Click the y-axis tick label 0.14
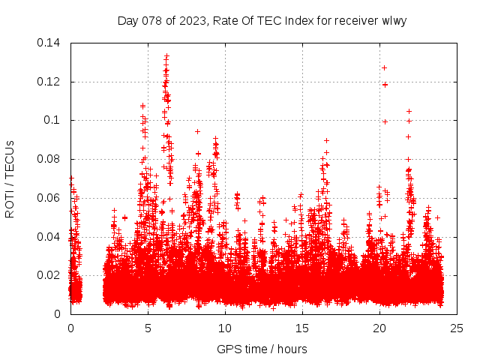point(49,43)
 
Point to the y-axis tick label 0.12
point(49,82)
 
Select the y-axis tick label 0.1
point(52,120)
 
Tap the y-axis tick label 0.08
point(49,159)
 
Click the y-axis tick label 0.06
point(49,198)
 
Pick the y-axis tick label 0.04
point(49,237)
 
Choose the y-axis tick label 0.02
point(49,275)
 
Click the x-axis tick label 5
point(148,328)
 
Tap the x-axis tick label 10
point(225,328)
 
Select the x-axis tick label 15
point(302,328)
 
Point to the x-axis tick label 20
point(379,328)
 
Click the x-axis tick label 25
point(457,328)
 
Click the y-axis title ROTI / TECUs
point(10,178)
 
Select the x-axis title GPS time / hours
point(262,349)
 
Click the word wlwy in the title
point(394,20)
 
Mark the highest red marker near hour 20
point(384,67)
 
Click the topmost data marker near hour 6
point(166,55)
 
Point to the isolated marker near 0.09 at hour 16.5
point(326,140)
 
